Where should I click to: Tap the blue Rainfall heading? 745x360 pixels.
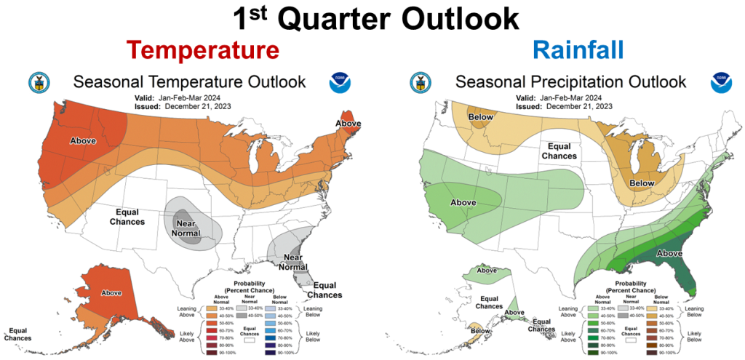coord(578,50)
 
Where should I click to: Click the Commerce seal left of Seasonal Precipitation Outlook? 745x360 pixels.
coord(421,81)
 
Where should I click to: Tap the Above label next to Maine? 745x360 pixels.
coord(348,124)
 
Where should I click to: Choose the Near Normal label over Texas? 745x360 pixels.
coord(186,228)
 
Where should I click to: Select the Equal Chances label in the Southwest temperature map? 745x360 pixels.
coord(127,217)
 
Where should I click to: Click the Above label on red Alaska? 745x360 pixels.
coord(111,293)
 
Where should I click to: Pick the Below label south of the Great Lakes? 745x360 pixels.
coord(642,185)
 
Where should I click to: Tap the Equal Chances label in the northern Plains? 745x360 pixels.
coord(557,151)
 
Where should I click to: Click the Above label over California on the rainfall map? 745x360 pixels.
coord(463,202)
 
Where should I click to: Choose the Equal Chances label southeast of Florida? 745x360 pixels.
coord(323,290)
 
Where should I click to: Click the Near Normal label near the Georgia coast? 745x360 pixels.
coord(292,262)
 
